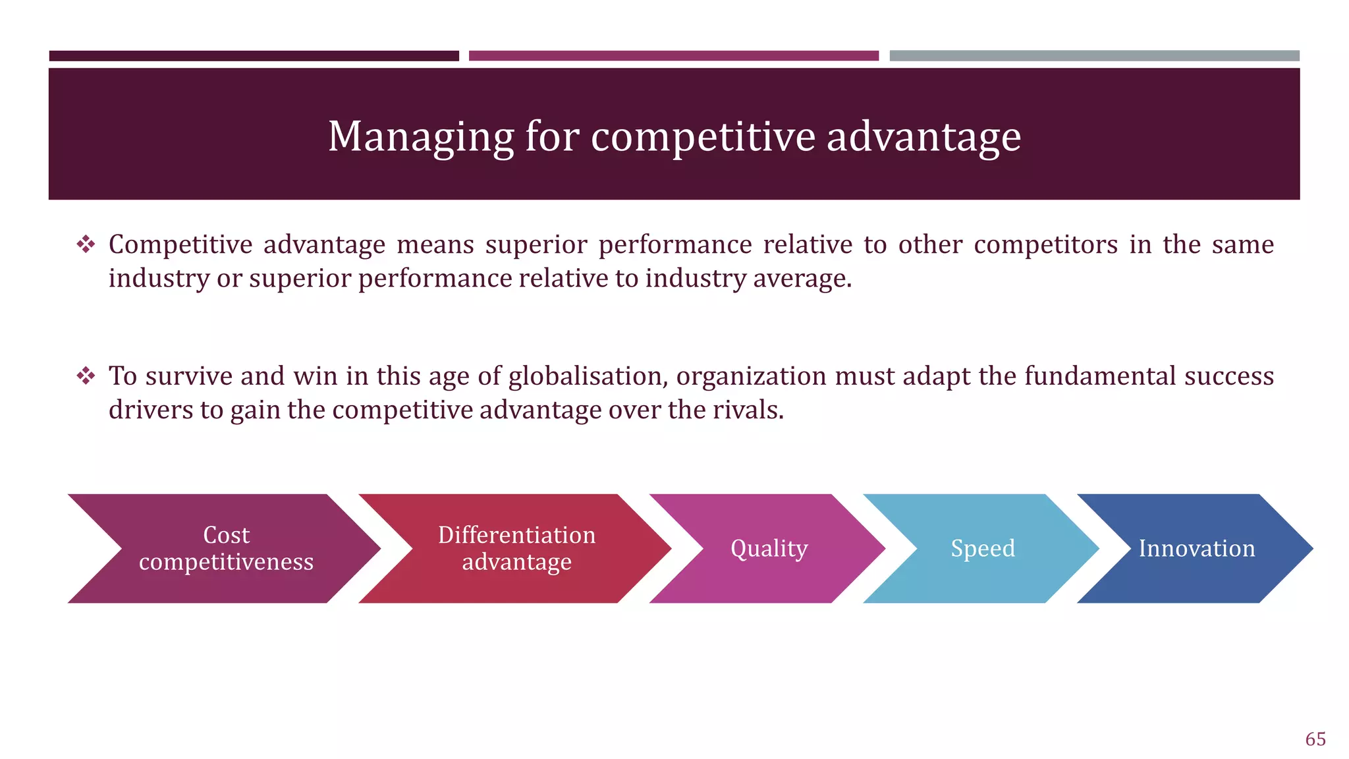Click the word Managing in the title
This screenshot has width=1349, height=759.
tap(420, 137)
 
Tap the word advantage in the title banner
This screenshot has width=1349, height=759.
tap(923, 137)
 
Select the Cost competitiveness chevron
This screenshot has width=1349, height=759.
tap(226, 548)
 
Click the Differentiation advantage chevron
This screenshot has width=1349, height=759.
tap(516, 548)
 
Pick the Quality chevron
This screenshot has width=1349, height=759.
tap(769, 548)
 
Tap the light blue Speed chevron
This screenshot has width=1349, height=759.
tap(983, 548)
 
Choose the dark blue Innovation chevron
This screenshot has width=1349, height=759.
tap(1197, 548)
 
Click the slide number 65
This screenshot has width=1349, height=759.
tap(1315, 739)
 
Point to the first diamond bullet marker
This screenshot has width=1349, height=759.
tap(86, 245)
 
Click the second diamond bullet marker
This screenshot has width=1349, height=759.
tap(86, 376)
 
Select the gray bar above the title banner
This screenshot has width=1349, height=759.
tap(1094, 56)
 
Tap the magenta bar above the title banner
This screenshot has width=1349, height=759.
tap(673, 56)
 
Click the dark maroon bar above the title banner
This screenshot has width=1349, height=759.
tap(254, 56)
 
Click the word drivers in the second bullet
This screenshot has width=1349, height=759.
tap(151, 410)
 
